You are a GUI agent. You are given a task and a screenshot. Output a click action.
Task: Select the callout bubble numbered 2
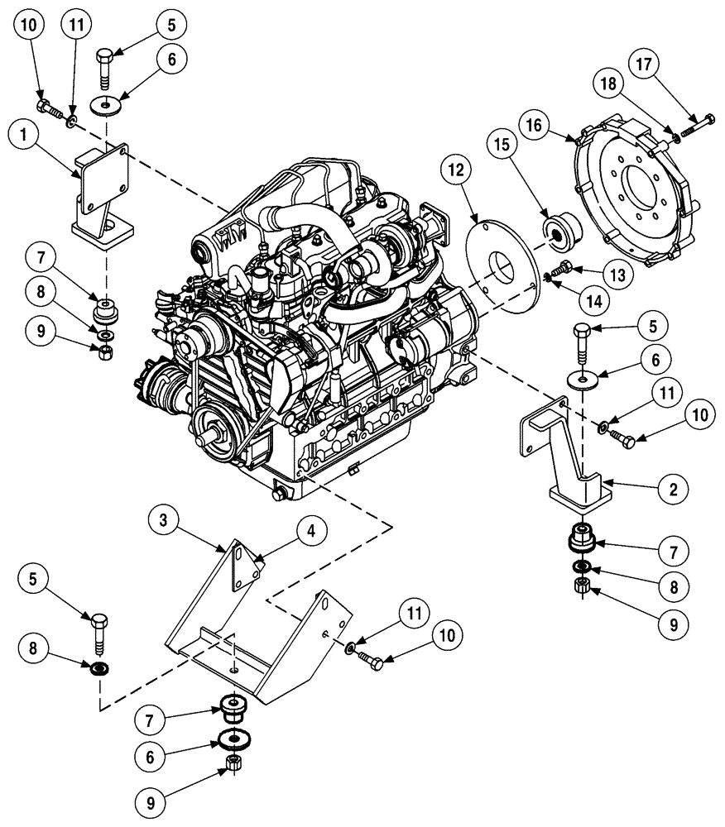(x=673, y=489)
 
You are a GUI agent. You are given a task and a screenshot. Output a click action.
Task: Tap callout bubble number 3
(x=166, y=520)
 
